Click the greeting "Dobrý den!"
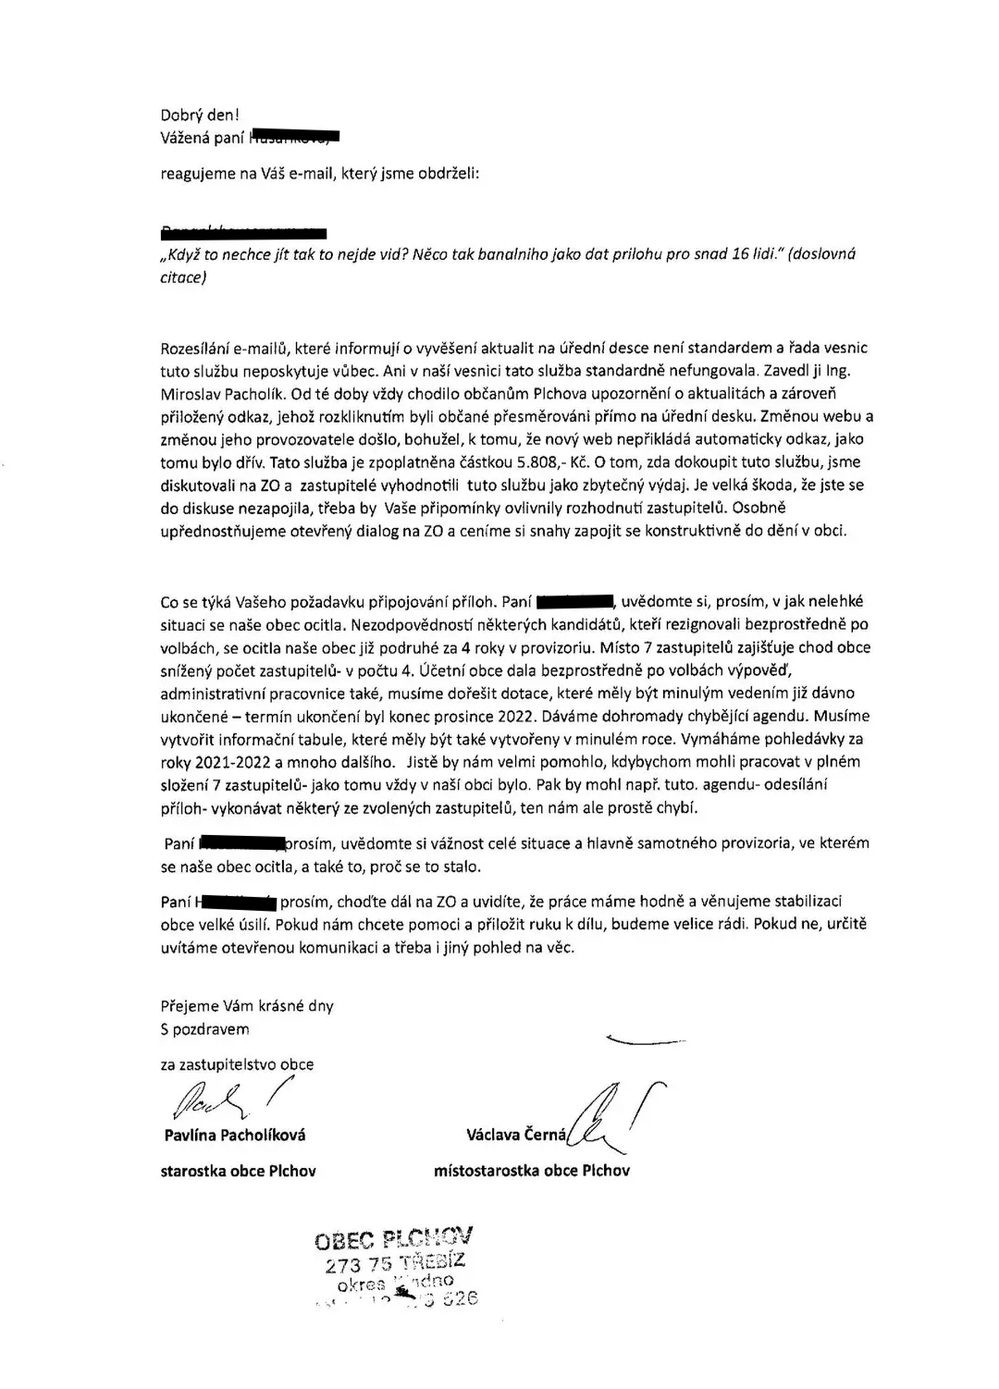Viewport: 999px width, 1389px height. (x=199, y=116)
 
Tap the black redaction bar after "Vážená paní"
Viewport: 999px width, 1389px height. (x=295, y=139)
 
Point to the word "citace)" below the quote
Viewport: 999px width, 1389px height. (x=183, y=277)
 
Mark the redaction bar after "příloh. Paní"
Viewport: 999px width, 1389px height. (x=575, y=602)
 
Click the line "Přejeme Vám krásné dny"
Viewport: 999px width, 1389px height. (x=247, y=1005)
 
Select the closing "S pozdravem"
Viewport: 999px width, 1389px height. (x=204, y=1028)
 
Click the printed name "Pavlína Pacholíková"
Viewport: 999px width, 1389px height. (x=234, y=1135)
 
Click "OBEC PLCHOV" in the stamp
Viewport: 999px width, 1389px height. (x=393, y=1237)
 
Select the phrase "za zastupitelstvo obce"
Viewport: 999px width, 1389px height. (x=237, y=1063)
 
